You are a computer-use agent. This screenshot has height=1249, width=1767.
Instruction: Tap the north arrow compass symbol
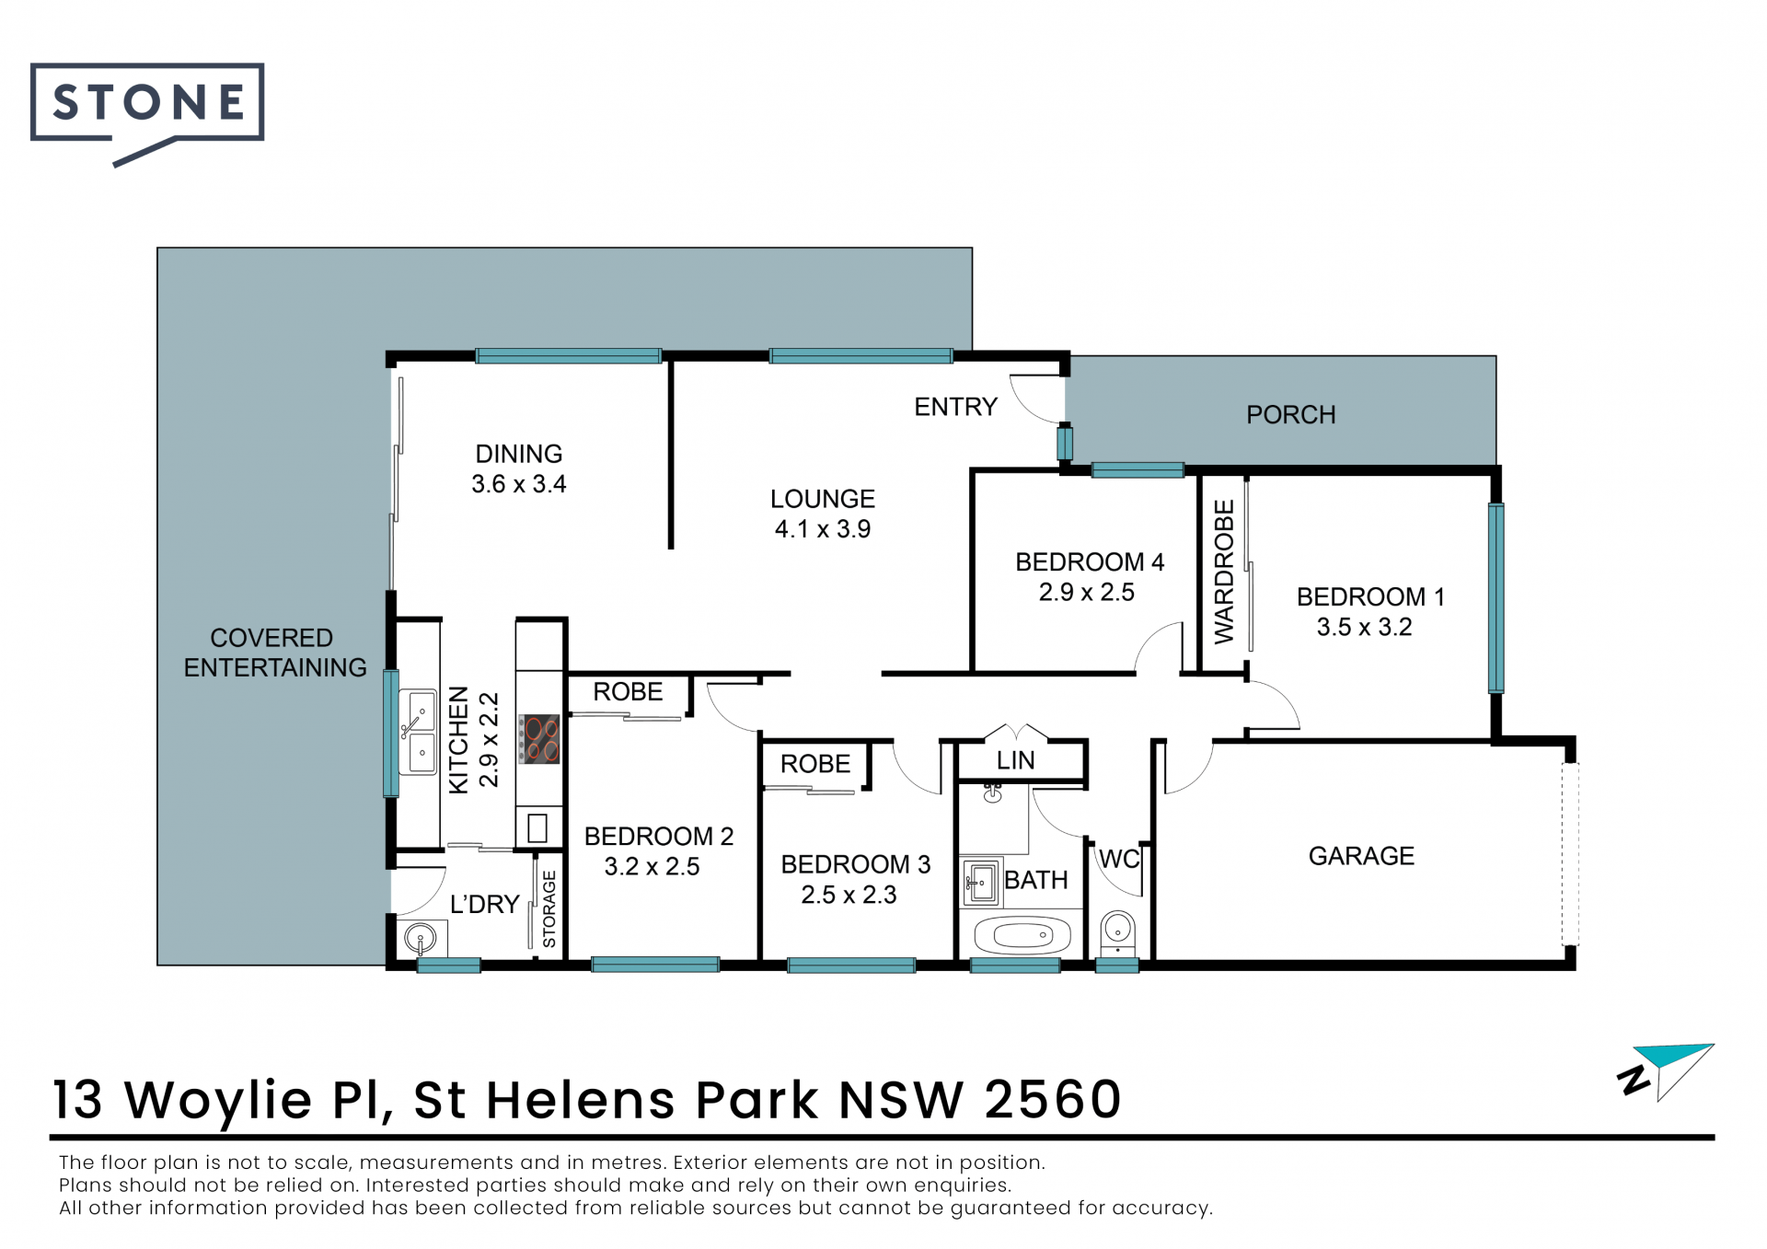[1666, 1072]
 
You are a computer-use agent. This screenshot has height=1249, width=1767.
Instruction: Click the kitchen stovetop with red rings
[539, 739]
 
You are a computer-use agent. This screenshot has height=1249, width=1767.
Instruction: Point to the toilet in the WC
[1118, 931]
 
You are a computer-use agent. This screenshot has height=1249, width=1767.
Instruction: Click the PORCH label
[1290, 415]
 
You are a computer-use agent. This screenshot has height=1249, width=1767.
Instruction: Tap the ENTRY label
[955, 407]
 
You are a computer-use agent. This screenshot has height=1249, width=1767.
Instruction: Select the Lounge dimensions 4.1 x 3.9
[822, 529]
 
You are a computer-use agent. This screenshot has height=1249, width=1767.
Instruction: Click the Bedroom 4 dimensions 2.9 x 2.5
[1087, 593]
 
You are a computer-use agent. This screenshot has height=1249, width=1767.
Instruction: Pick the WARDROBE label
[1224, 572]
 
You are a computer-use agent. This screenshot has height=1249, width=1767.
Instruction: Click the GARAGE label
[1361, 856]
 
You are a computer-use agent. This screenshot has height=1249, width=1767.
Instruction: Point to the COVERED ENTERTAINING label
[274, 653]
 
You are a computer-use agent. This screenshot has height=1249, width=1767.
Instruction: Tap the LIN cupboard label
[1016, 761]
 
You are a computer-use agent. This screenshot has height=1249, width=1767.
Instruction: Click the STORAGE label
[549, 909]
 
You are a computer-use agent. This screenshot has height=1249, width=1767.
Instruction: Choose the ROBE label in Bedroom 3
[815, 764]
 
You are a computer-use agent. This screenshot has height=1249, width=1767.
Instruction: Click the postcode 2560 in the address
[1053, 1099]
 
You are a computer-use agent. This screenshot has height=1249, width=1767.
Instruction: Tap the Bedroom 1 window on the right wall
[1496, 598]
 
